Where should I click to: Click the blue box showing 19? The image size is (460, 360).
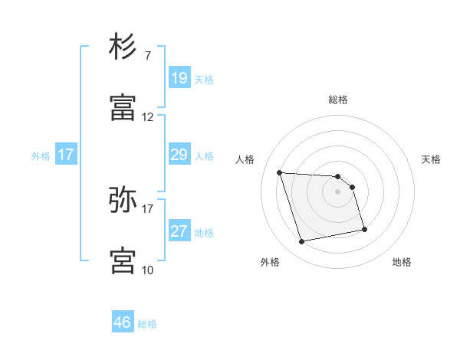[x=179, y=78]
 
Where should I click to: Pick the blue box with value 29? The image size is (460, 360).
[x=179, y=155]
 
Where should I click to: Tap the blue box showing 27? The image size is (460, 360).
[x=179, y=231]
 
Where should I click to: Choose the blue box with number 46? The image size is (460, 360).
[x=123, y=322]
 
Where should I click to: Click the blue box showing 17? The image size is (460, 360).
[x=66, y=155]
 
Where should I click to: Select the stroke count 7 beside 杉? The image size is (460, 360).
[x=148, y=56]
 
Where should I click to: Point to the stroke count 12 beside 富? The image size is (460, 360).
[x=148, y=117]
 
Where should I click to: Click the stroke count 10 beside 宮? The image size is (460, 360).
[x=148, y=270]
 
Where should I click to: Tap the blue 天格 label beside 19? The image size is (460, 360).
[x=204, y=79]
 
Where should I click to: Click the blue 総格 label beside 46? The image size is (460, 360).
[x=147, y=324]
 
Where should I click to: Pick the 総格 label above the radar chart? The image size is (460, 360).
[x=338, y=100]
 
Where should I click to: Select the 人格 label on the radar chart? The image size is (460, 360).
[x=245, y=159]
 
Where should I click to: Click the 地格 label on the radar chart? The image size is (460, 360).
[x=402, y=262]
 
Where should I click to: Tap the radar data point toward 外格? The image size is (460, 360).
[x=302, y=242]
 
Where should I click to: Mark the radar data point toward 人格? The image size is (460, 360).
[x=280, y=172]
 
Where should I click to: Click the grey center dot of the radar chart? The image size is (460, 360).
[x=338, y=191]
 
